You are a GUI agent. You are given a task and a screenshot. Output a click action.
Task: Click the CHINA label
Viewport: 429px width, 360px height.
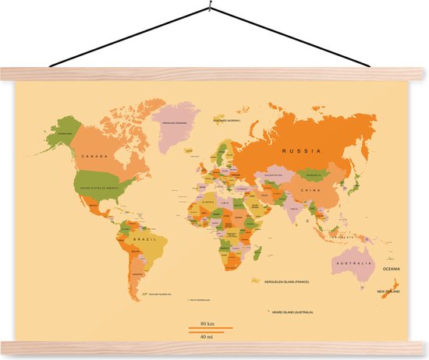[312, 190]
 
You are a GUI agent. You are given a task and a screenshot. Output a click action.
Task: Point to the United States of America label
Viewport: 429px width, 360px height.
[97, 187]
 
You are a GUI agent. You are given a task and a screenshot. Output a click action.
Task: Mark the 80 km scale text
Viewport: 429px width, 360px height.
[207, 323]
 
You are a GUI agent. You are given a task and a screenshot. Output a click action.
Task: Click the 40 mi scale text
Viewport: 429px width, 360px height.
[207, 337]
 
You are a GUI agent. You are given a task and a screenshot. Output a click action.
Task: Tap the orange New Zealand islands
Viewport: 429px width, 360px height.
[393, 281]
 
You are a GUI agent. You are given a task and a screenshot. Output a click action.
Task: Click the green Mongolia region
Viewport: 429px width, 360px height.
[316, 175]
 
